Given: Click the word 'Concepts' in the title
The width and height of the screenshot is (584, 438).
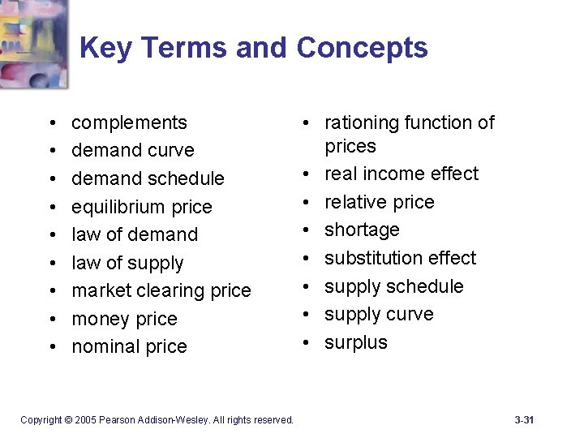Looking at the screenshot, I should [x=362, y=48].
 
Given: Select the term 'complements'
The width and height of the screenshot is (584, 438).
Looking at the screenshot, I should [x=129, y=122].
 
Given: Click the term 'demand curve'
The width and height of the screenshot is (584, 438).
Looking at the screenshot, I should [x=133, y=150].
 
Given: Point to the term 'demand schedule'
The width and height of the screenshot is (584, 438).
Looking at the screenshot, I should [x=148, y=178].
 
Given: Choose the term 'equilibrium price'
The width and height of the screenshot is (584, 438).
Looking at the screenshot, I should [x=141, y=207].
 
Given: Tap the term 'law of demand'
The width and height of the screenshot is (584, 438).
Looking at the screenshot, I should [x=135, y=234].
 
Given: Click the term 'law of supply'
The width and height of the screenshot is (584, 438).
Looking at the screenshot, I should [x=127, y=263].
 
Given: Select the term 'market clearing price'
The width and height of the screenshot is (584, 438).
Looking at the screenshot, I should [x=161, y=290].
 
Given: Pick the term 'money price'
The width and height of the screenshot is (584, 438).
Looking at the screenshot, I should [x=124, y=319].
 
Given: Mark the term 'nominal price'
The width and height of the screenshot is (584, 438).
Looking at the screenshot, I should [x=129, y=346].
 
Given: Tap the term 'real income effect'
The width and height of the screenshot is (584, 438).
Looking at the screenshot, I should [x=401, y=174].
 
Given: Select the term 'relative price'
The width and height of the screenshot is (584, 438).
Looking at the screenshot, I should [x=379, y=202].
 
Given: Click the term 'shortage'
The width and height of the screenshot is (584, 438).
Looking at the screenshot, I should [x=362, y=230].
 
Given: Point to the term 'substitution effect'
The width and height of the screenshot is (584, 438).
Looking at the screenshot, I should [x=400, y=258].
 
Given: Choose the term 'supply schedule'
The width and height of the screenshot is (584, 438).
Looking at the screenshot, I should [x=393, y=286].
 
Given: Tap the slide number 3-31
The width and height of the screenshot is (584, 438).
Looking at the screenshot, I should [x=524, y=419].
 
